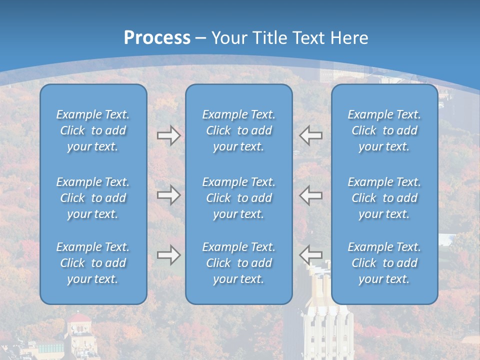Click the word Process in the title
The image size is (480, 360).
[x=157, y=38]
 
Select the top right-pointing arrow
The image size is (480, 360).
[x=168, y=135]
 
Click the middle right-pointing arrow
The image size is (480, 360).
[x=168, y=195]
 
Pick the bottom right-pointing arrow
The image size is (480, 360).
[x=168, y=255]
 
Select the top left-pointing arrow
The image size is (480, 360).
[x=310, y=135]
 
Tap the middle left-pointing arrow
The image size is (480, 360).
[x=310, y=195]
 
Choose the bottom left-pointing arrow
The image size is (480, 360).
[x=310, y=255]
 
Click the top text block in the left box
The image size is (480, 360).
[x=93, y=130]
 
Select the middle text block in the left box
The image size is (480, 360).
[x=93, y=198]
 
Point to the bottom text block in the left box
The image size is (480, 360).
[x=93, y=263]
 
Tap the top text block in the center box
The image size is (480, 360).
[x=239, y=130]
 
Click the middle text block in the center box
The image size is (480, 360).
[x=239, y=198]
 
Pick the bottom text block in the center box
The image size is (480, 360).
[x=239, y=263]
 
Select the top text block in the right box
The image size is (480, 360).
[x=384, y=130]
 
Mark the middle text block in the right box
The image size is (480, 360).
[x=384, y=198]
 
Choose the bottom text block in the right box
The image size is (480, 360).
[x=384, y=263]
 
